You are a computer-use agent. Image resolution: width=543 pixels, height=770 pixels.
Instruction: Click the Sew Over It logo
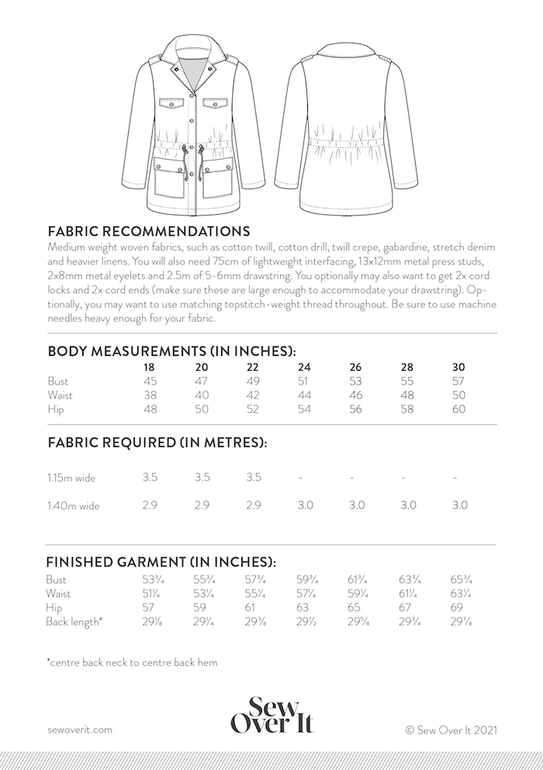coord(271,714)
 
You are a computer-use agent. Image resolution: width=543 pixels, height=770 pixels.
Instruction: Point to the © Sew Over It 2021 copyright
coord(451,729)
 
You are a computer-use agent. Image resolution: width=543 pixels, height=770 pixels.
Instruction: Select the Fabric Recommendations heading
coord(148,231)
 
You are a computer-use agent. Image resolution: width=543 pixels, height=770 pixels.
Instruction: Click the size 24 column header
coord(305,367)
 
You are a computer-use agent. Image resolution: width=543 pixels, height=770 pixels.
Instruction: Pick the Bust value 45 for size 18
coord(150,381)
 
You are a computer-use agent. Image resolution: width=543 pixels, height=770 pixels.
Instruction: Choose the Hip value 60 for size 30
coord(458,409)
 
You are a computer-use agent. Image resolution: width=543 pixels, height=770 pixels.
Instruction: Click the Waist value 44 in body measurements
coord(305,395)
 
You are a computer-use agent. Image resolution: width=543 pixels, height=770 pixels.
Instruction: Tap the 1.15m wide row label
coord(71,478)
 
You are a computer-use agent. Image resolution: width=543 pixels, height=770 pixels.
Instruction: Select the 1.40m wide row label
coord(72,506)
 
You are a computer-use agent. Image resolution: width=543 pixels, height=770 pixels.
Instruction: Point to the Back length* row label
coord(74,622)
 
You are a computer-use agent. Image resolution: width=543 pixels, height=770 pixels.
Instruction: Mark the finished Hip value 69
coord(458,608)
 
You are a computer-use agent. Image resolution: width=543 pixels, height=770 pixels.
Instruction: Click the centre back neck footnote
coord(132,662)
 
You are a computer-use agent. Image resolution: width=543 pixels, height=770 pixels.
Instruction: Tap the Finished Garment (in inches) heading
coord(162,561)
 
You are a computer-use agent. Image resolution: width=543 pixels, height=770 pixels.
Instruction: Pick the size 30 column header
coord(458,367)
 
